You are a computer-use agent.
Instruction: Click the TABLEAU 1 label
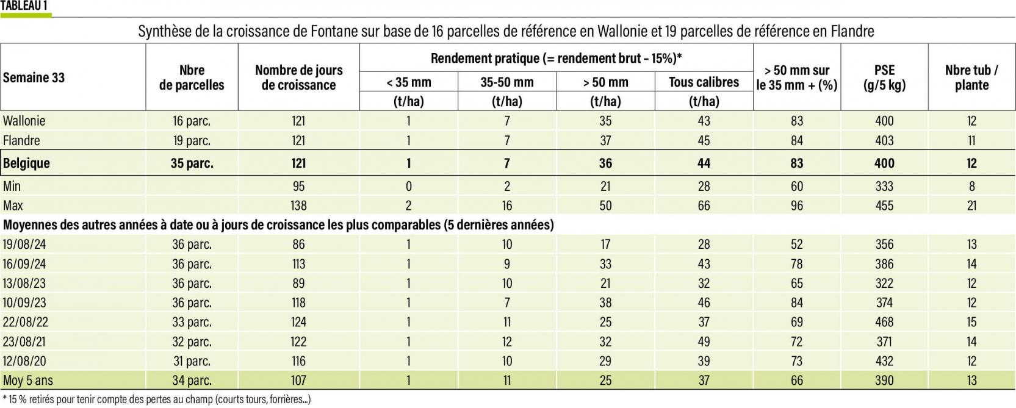25,6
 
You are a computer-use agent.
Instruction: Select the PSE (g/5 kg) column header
884,77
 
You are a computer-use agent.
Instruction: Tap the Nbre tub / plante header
971,77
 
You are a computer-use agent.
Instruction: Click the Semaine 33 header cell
34,77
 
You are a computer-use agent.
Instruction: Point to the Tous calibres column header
704,82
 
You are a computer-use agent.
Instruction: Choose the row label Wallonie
24,121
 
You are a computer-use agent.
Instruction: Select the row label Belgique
26,163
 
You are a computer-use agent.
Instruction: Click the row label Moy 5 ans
28,381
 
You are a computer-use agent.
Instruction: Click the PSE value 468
884,322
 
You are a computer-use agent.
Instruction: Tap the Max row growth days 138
298,206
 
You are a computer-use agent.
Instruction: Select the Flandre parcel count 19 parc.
192,140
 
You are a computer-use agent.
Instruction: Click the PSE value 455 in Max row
884,206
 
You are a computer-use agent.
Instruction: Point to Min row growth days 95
298,186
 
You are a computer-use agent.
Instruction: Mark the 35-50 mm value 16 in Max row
506,206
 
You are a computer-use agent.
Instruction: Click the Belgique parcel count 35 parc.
192,163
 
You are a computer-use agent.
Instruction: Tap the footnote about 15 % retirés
157,399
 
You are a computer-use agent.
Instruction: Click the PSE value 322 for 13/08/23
884,283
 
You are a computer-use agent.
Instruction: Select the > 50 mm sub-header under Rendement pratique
605,82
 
